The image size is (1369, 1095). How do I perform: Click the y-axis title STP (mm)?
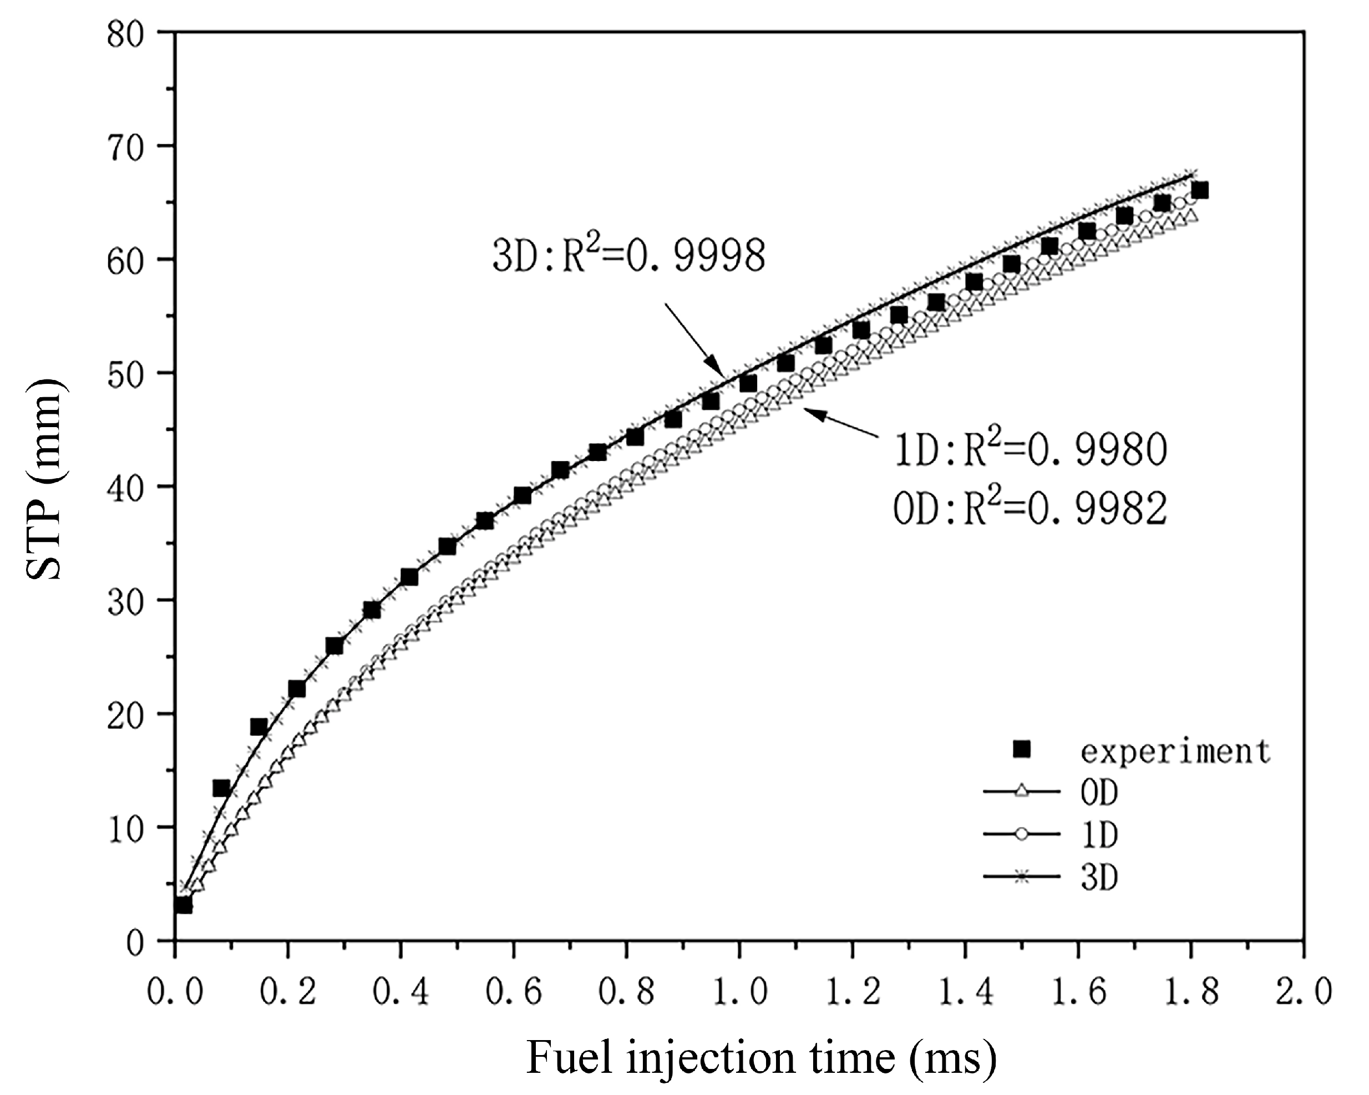tap(44, 479)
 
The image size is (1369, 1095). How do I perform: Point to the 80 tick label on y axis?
tap(128, 33)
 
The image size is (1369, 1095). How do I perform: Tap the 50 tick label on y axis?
tap(128, 373)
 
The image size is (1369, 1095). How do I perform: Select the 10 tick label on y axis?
tap(128, 828)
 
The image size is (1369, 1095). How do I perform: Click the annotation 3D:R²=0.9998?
tap(628, 257)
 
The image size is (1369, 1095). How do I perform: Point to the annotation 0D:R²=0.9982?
tap(1030, 508)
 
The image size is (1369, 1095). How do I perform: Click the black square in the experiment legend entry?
tap(1022, 750)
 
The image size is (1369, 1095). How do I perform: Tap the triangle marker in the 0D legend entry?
tap(1022, 792)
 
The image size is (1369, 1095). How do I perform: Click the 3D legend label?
tap(1099, 877)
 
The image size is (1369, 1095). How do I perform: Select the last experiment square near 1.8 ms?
tap(1199, 191)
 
